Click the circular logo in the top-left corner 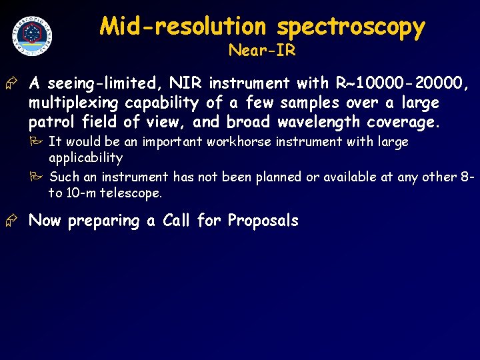[x=32, y=35]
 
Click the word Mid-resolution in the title [x=183, y=27]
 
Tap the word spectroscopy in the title [x=351, y=27]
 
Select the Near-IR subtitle [x=261, y=51]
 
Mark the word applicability [x=86, y=158]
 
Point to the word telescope [x=130, y=193]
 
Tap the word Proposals [x=263, y=221]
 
